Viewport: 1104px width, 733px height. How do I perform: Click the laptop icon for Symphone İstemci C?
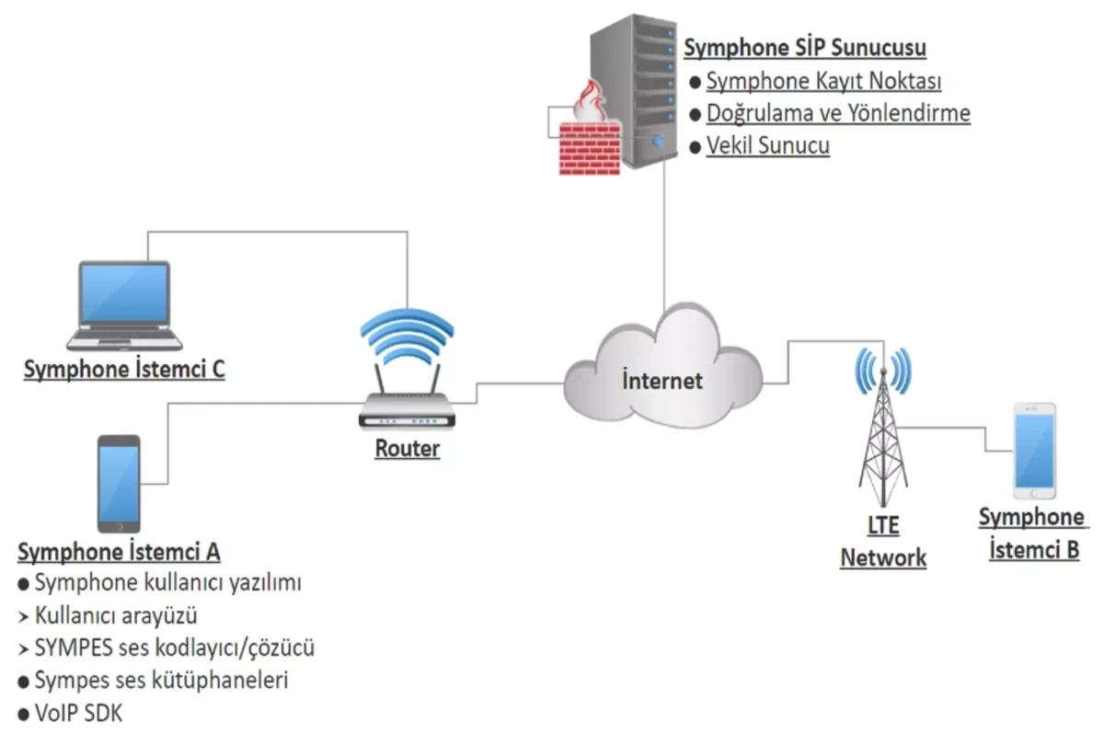124,306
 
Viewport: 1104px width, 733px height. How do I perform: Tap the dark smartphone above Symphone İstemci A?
119,484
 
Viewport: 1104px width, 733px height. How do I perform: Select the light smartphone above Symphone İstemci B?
1034,451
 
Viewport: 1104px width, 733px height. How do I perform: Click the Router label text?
407,449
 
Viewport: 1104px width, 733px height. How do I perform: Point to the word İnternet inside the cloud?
661,381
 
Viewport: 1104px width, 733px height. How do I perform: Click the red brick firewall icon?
590,148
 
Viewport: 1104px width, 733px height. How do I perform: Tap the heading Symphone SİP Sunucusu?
805,48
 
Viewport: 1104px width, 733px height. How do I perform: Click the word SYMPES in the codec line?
74,647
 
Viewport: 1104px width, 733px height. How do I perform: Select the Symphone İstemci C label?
124,370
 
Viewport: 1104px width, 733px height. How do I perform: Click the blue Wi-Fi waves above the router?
407,336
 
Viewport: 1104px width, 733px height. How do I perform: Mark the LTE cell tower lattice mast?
883,439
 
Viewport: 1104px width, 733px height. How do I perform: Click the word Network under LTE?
883,558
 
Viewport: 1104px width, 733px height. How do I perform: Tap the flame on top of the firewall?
591,101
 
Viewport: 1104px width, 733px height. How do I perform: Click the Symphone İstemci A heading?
119,552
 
